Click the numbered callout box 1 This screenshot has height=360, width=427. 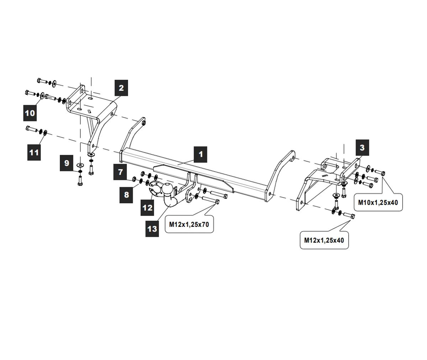point(200,154)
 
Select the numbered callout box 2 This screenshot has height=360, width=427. point(121,88)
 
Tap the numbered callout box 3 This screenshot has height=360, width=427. point(362,147)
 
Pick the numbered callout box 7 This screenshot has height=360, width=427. point(121,172)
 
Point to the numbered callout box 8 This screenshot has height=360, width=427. point(126,195)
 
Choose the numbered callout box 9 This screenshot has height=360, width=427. point(67,163)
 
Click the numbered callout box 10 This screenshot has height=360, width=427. point(30,113)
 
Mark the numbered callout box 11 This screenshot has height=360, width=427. point(34,152)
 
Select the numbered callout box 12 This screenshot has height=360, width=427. point(147,208)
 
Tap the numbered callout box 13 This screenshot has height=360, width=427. point(152,228)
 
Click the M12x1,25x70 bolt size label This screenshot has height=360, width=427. point(189,224)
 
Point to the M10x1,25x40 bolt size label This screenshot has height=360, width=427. point(378,203)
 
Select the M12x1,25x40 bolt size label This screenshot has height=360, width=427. point(324,240)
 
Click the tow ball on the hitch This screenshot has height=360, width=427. point(167,189)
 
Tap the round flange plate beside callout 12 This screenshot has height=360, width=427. point(155,189)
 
